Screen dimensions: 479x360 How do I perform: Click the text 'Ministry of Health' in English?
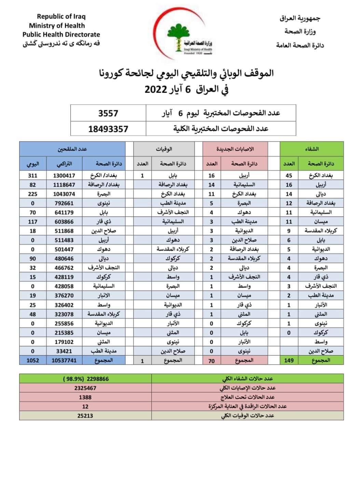[57, 25]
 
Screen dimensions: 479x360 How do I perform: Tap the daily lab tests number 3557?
[108, 113]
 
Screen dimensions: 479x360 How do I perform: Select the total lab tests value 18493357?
[108, 129]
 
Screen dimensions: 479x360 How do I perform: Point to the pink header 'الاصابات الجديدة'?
[235, 149]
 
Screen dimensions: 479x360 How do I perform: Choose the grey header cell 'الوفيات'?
[164, 149]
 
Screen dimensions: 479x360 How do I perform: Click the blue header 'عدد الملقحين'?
[72, 149]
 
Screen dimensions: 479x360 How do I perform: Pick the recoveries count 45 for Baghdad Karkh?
[289, 176]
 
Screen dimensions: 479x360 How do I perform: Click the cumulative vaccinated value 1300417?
[65, 176]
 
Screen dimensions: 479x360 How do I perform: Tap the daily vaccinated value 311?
[33, 176]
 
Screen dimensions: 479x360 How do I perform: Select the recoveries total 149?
[289, 360]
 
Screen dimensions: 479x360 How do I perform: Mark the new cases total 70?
[211, 360]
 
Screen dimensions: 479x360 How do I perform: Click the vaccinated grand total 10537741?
[65, 360]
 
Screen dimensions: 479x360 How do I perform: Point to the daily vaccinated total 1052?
[33, 360]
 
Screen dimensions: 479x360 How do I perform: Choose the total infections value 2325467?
[85, 388]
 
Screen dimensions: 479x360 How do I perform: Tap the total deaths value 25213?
[85, 415]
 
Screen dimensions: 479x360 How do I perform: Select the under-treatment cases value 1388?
[85, 397]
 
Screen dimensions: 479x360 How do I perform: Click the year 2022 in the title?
[156, 90]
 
